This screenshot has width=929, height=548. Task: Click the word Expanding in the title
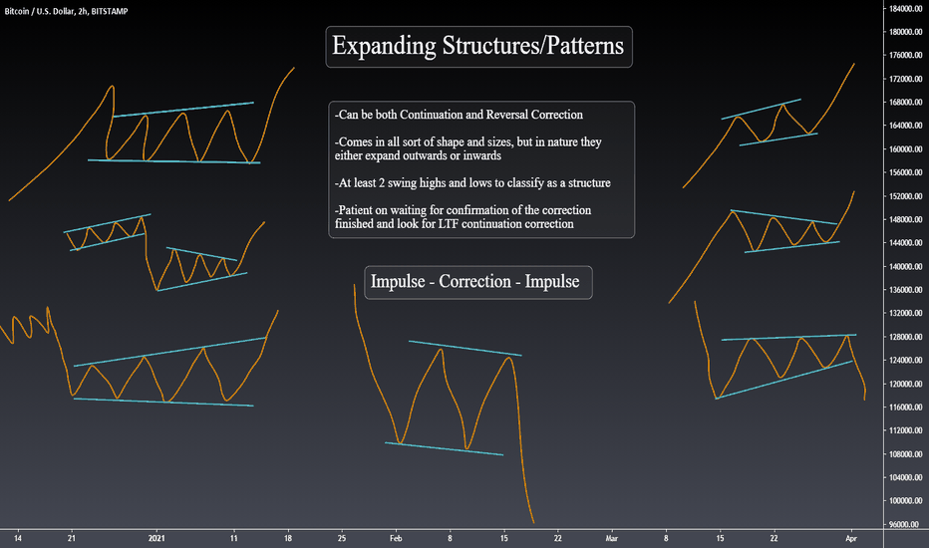[384, 46]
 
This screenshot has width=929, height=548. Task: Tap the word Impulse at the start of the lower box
[398, 281]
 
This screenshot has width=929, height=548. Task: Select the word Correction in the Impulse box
[475, 281]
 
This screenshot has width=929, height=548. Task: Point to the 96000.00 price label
[906, 524]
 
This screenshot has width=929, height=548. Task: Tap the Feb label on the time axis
[396, 538]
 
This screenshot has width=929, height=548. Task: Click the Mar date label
[611, 538]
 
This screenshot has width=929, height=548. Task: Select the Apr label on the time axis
[851, 538]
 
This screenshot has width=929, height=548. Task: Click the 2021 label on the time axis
[156, 538]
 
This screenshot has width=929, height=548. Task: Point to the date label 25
[342, 538]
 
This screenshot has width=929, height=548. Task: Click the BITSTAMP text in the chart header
[110, 11]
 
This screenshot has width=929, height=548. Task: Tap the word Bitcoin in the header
[17, 11]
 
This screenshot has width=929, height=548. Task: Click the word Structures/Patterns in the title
[533, 46]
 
